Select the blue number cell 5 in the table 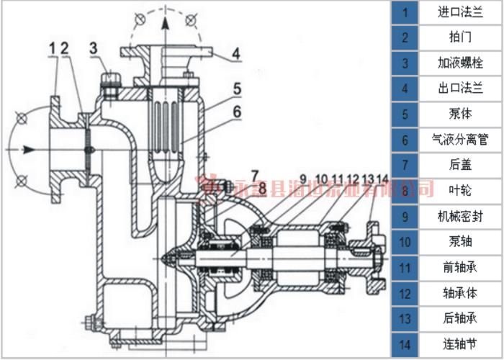point(405,114)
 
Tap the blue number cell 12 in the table point(405,292)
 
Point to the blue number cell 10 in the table point(405,240)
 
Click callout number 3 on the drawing point(94,48)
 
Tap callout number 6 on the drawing point(236,112)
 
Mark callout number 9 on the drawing point(303,178)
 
